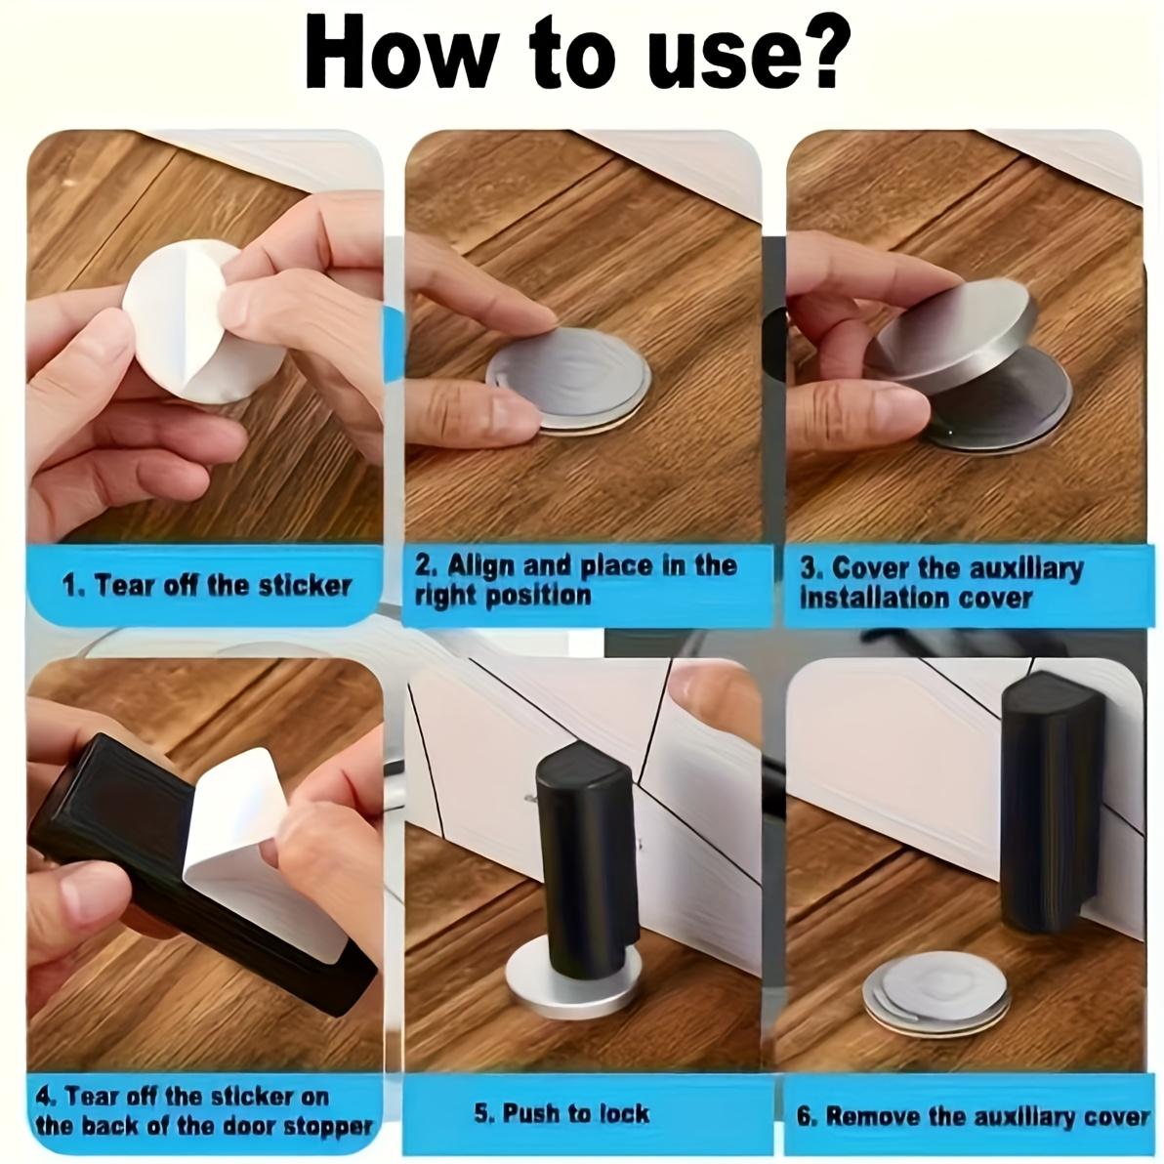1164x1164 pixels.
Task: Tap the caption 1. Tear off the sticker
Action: pyautogui.click(x=206, y=586)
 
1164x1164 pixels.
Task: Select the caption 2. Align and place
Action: pyautogui.click(x=576, y=580)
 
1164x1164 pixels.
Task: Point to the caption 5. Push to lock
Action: pyautogui.click(x=561, y=1112)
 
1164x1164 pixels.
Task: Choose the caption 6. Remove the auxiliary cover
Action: pyautogui.click(x=973, y=1116)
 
